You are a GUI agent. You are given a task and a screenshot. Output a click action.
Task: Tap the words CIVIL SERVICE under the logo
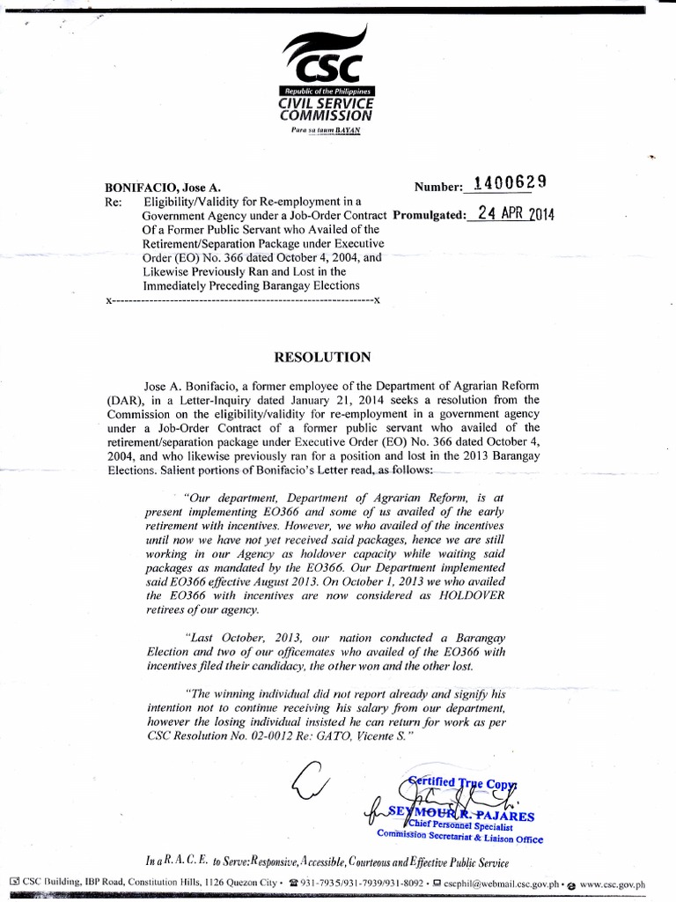pos(325,103)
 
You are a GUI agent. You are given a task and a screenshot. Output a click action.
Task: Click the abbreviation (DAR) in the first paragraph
pos(127,400)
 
